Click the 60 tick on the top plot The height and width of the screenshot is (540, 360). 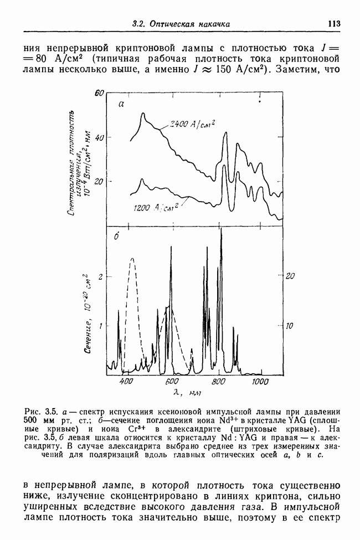pos(99,93)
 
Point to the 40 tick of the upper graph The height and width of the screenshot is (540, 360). pos(100,137)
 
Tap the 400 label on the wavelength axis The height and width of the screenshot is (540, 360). pos(126,382)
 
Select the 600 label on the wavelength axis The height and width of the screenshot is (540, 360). pos(171,382)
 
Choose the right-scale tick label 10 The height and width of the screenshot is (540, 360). pos(289,327)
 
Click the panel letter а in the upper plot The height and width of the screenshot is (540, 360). pos(121,104)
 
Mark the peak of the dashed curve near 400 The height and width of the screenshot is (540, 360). pos(132,258)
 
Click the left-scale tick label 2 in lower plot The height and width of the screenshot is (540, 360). pos(100,276)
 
